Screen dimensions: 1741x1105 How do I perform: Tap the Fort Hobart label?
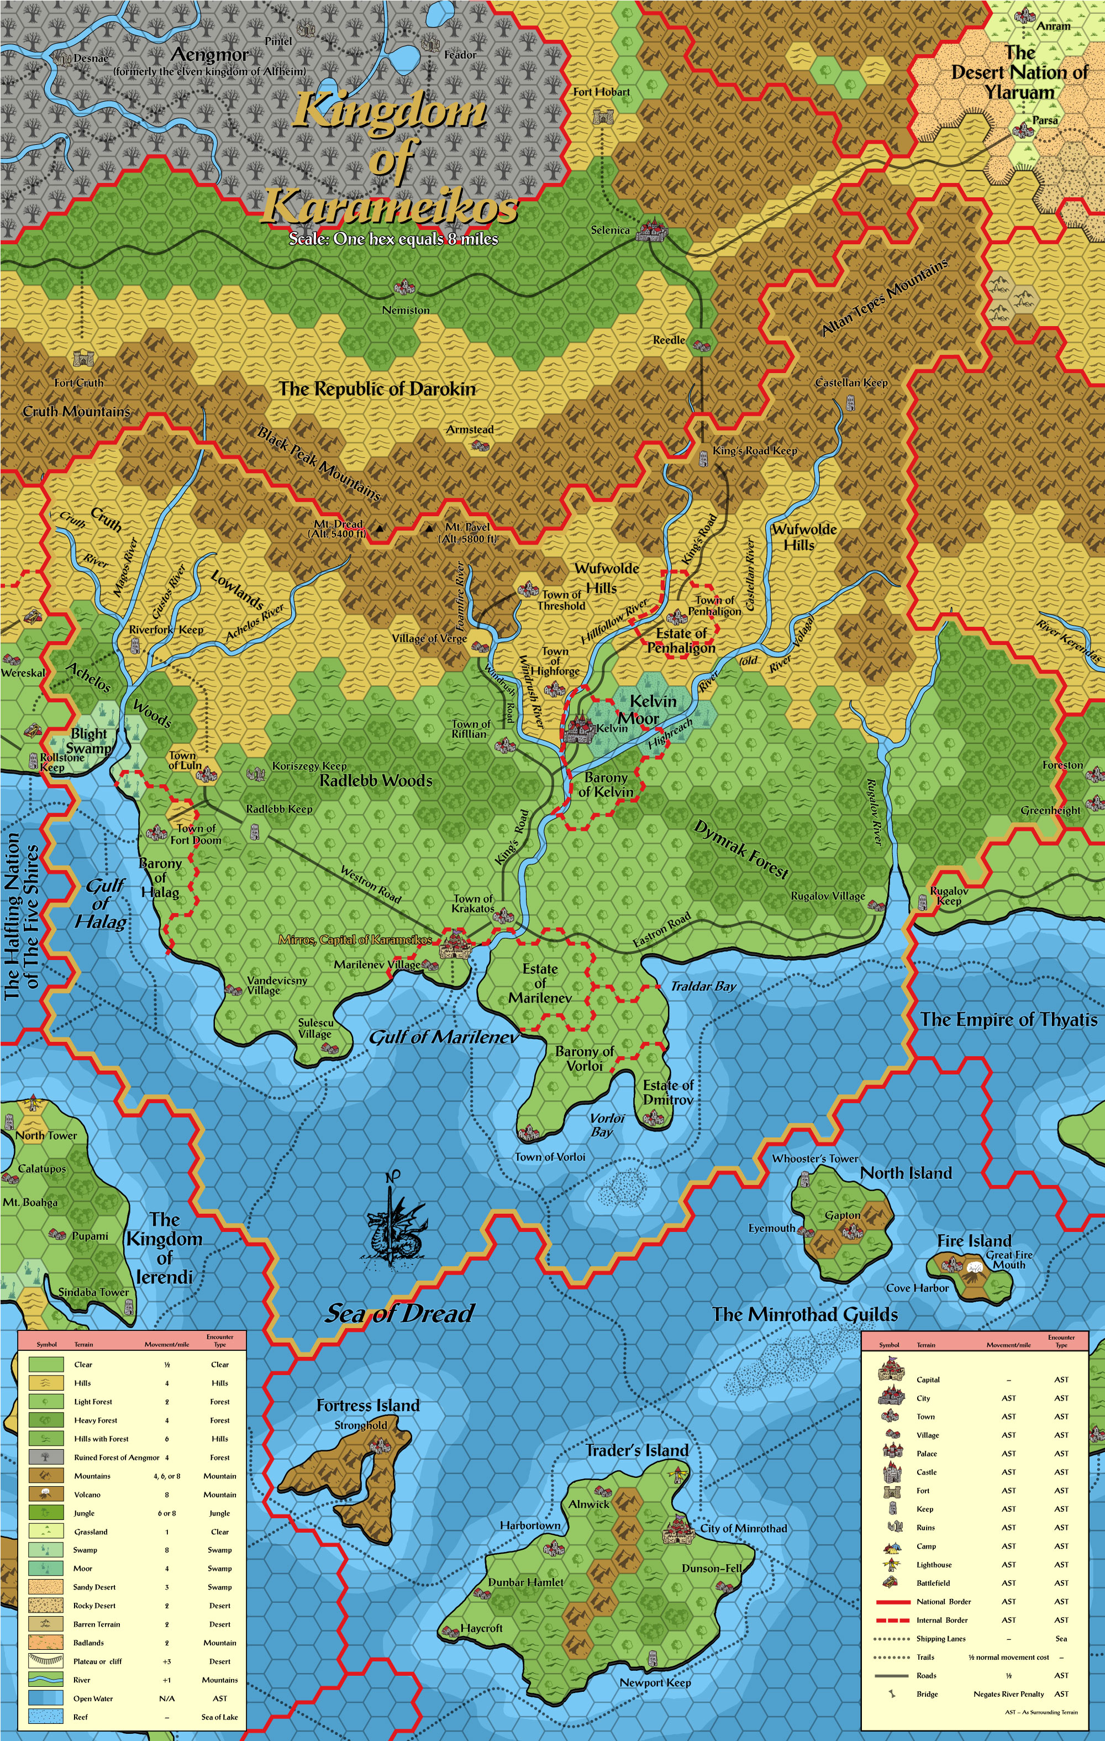[601, 92]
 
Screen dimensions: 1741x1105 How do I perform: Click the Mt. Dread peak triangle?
[378, 529]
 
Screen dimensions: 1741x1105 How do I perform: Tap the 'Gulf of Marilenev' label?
[444, 1037]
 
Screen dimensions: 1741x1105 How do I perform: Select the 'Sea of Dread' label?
[399, 1313]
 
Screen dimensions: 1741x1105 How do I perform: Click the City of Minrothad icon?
[678, 1526]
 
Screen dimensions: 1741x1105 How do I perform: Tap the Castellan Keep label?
[851, 382]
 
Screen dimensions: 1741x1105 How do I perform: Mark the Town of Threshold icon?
[528, 588]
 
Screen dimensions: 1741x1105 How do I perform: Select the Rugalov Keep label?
[949, 896]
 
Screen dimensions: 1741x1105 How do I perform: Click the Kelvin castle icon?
[578, 729]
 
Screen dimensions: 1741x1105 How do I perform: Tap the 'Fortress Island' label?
[367, 1406]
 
